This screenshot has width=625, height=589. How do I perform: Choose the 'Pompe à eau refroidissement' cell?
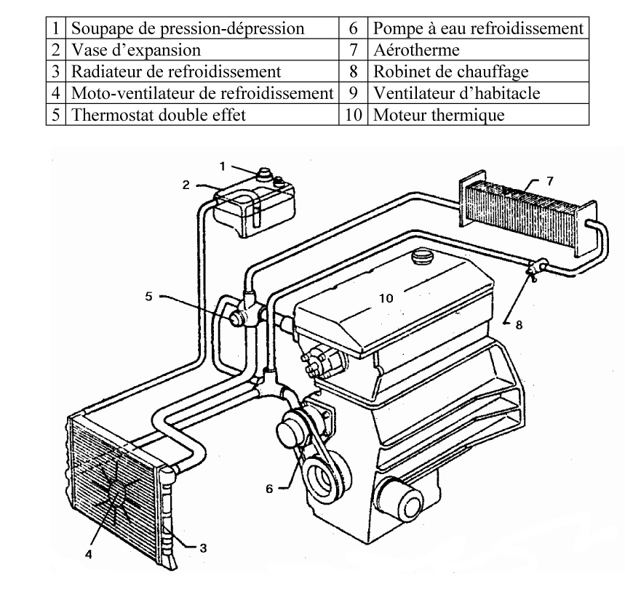tap(477, 28)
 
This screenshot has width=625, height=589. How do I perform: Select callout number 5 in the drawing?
tap(148, 296)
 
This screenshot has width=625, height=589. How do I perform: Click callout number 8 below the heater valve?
tap(519, 325)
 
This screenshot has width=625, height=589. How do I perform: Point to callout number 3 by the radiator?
tap(203, 548)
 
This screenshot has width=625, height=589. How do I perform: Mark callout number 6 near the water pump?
tap(268, 489)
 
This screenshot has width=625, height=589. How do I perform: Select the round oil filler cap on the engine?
tap(421, 257)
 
